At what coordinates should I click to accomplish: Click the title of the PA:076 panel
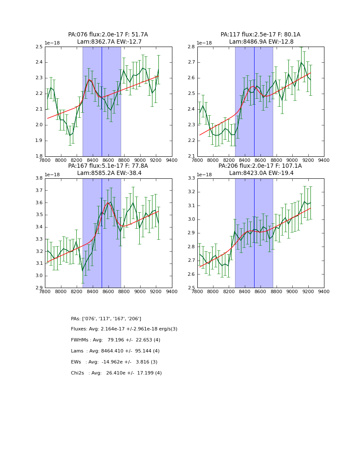pos(108,38)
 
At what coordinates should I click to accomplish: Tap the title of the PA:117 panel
pos(260,38)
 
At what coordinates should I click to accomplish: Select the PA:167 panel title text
pos(108,169)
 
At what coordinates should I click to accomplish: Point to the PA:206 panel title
pos(260,169)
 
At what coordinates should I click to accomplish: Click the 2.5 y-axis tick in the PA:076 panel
pos(39,47)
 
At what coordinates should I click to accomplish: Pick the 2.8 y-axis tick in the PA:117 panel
pos(191,47)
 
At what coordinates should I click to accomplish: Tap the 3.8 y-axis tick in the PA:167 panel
pos(39,178)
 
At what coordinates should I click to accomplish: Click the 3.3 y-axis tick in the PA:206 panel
pos(191,178)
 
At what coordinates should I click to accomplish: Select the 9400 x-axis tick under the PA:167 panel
pos(172,291)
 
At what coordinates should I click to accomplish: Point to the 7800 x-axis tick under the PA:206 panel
pos(197,291)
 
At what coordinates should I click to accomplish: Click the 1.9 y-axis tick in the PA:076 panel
pos(39,141)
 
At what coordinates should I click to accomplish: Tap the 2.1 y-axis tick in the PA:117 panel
pos(191,156)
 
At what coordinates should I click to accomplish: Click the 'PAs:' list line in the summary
pos(106,319)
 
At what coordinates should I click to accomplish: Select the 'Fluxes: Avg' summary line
pos(124,329)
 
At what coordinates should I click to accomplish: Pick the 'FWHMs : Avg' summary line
pos(116,340)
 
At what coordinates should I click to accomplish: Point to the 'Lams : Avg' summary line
pos(115,351)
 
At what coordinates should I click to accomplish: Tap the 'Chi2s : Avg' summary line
pos(116,373)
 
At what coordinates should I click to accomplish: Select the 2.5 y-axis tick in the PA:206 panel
pos(191,288)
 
